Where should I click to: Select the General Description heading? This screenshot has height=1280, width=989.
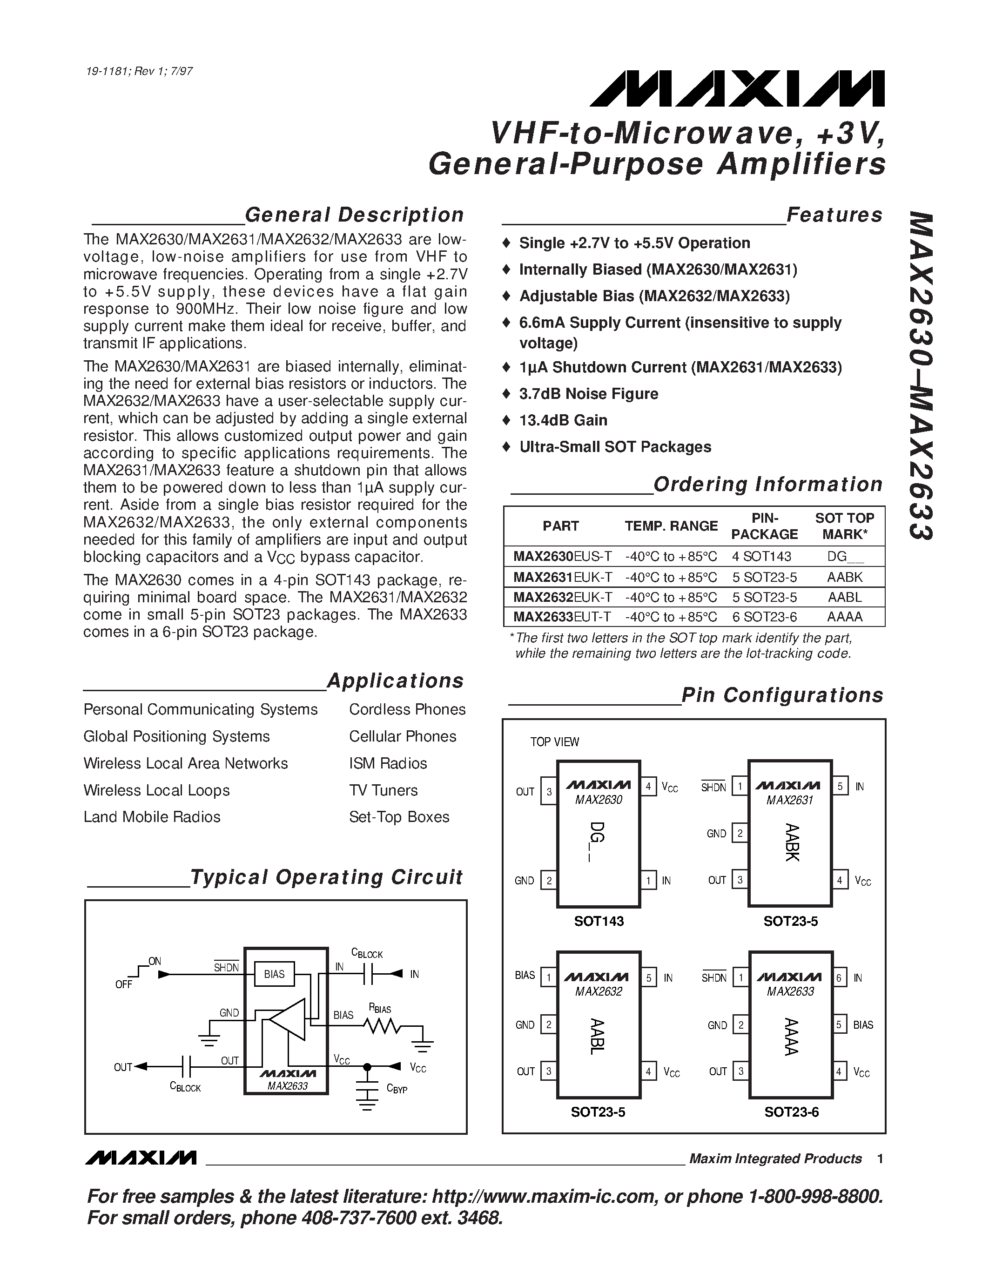pyautogui.click(x=354, y=215)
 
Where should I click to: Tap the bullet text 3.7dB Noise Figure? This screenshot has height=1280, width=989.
pyautogui.click(x=588, y=394)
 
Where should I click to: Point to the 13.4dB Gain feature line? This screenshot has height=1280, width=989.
pyautogui.click(x=563, y=420)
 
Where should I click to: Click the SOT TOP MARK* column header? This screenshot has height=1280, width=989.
pyautogui.click(x=844, y=525)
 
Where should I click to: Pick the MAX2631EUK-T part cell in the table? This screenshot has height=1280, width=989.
pyautogui.click(x=563, y=577)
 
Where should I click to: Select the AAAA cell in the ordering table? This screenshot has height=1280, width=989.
pyautogui.click(x=844, y=617)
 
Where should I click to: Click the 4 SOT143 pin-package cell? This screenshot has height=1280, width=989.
pyautogui.click(x=761, y=556)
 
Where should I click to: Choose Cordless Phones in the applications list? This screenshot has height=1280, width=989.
pyautogui.click(x=407, y=709)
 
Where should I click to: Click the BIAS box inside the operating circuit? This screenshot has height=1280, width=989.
pyautogui.click(x=274, y=974)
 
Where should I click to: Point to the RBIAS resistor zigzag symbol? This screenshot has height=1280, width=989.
pyautogui.click(x=382, y=1027)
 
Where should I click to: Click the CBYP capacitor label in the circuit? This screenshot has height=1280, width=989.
pyautogui.click(x=397, y=1089)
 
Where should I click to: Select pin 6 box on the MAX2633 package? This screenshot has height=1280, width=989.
pyautogui.click(x=839, y=977)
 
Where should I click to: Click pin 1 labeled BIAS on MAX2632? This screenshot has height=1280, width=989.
pyautogui.click(x=548, y=977)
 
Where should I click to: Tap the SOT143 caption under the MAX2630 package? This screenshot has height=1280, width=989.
pyautogui.click(x=599, y=921)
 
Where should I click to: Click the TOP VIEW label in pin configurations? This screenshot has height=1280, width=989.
pyautogui.click(x=554, y=742)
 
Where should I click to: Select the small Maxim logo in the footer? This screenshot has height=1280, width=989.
pyautogui.click(x=141, y=1158)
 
